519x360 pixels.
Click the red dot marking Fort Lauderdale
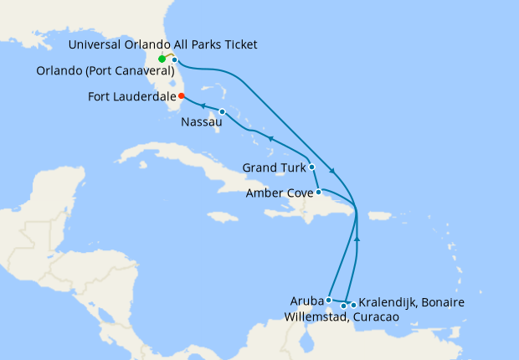pyautogui.click(x=182, y=96)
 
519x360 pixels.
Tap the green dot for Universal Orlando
pyautogui.click(x=162, y=59)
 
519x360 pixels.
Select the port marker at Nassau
pyautogui.click(x=222, y=112)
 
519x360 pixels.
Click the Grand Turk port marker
pyautogui.click(x=311, y=167)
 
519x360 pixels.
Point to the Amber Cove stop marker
pyautogui.click(x=318, y=192)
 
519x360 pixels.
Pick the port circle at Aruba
pyautogui.click(x=328, y=299)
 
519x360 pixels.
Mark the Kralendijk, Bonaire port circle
pyautogui.click(x=353, y=305)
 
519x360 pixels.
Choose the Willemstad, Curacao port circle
pyautogui.click(x=343, y=306)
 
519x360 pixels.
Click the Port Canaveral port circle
pyautogui.click(x=174, y=59)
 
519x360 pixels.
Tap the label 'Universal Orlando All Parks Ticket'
pyautogui.click(x=163, y=44)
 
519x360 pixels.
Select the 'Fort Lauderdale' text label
pyautogui.click(x=131, y=97)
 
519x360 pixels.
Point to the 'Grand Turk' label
pyautogui.click(x=273, y=168)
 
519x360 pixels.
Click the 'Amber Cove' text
pyautogui.click(x=279, y=193)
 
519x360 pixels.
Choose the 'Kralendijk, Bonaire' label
pyautogui.click(x=411, y=301)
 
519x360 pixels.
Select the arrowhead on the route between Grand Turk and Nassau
pyautogui.click(x=270, y=137)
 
